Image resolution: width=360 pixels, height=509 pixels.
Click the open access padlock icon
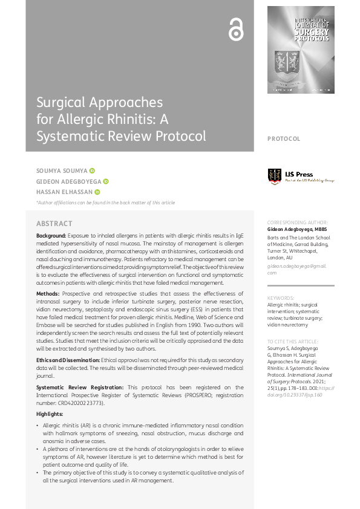click(235, 30)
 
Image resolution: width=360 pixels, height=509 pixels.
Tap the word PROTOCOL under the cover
click(284, 139)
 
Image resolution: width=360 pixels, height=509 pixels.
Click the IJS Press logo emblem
click(275, 176)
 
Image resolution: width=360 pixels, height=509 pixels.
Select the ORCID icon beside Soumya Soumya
click(93, 171)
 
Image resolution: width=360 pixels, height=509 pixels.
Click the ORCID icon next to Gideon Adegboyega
click(106, 181)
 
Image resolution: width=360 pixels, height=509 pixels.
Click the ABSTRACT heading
click(54, 224)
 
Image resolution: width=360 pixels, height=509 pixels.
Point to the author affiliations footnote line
click(106, 203)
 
